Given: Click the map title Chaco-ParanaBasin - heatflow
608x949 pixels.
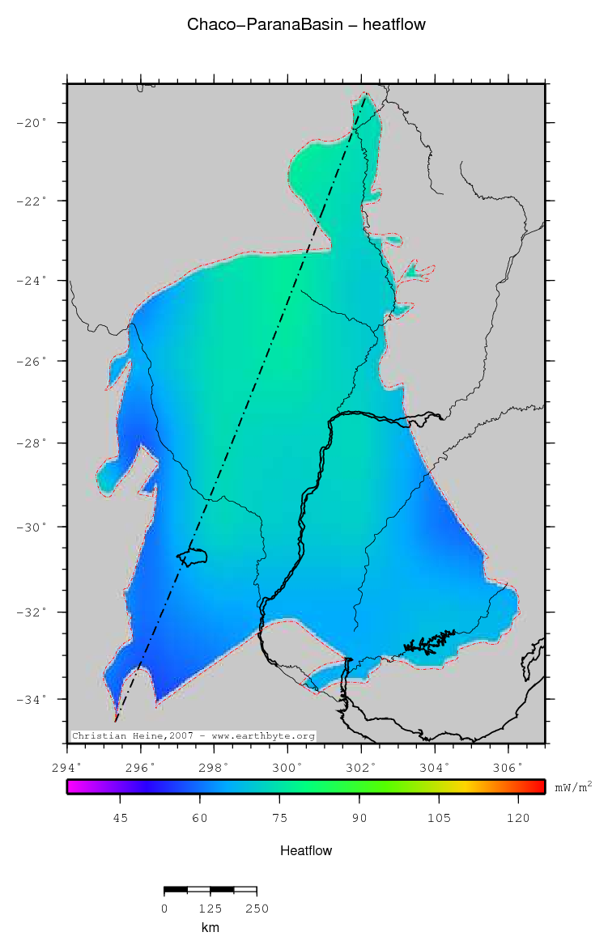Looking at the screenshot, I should [x=306, y=25].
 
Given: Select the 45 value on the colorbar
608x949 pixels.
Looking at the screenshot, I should [x=120, y=819].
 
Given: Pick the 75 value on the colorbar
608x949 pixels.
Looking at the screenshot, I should [x=279, y=819].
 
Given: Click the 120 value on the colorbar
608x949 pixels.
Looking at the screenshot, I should [x=518, y=819].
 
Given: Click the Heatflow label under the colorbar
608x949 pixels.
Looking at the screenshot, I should [x=306, y=851].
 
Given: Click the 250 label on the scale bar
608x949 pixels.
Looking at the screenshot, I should [x=256, y=909].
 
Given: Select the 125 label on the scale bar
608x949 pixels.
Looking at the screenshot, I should [x=210, y=909].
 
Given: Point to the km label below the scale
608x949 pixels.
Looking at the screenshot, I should [x=210, y=928].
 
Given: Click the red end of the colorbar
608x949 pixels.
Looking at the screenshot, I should [x=538, y=786].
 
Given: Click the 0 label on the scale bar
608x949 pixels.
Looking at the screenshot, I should [x=164, y=909].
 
